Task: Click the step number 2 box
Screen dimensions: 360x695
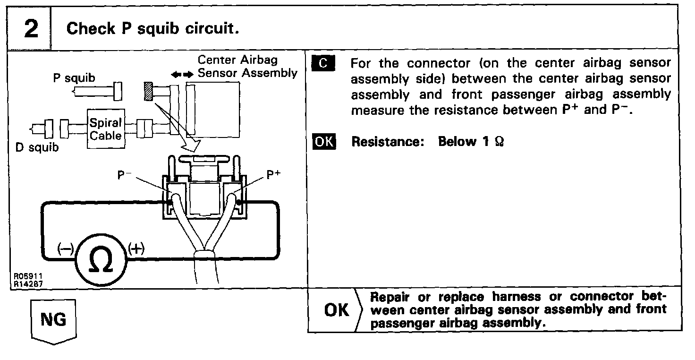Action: coord(31,29)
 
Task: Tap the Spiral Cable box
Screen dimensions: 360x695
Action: coord(106,129)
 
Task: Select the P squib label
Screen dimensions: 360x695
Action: coord(74,78)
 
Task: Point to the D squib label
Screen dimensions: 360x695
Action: coord(37,147)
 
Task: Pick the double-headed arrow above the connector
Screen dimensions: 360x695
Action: coord(182,75)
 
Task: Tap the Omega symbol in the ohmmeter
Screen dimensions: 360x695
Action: coord(100,260)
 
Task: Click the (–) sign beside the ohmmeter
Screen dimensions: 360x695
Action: coord(65,248)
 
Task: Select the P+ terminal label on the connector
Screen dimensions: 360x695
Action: coord(273,175)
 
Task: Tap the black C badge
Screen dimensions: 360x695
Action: coord(323,63)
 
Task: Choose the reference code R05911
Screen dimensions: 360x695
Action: coord(25,276)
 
